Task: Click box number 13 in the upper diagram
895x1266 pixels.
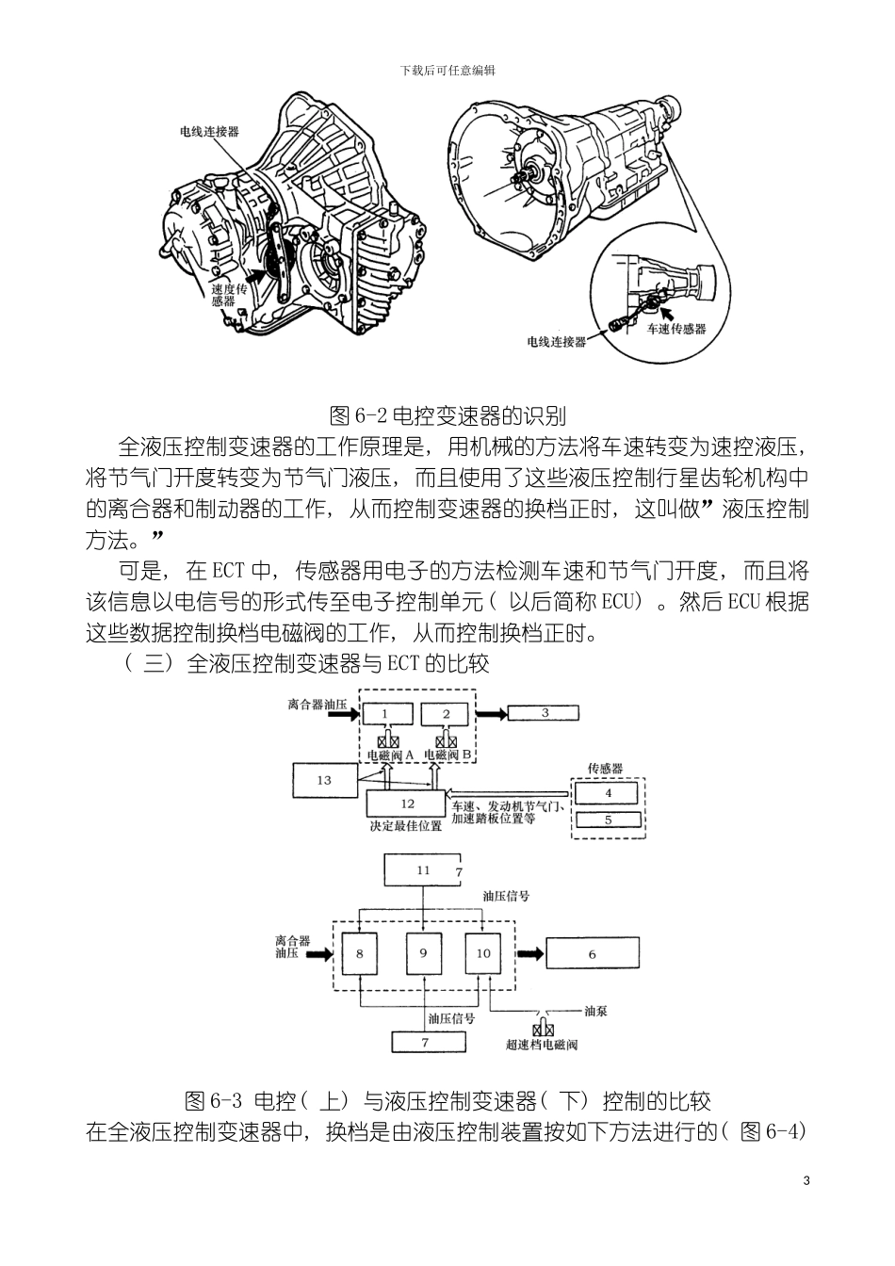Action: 325,780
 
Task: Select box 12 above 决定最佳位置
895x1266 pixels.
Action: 407,803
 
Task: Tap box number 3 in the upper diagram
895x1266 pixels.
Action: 545,713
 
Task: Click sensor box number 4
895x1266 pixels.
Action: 608,793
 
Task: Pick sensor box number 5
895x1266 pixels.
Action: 608,820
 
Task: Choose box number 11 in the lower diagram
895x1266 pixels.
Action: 423,870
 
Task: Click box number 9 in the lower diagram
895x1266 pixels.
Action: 423,953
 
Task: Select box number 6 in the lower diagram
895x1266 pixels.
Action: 593,954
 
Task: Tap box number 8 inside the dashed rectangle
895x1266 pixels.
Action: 359,953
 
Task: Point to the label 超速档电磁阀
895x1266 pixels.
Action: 542,1044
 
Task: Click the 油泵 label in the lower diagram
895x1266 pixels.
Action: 594,1011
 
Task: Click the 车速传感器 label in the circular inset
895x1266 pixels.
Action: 675,329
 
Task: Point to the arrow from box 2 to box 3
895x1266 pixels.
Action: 491,713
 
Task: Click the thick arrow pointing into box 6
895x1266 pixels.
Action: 530,953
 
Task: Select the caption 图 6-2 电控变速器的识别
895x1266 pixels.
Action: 447,414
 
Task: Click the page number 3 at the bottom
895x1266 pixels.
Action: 805,1181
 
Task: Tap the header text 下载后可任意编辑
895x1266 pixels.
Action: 447,71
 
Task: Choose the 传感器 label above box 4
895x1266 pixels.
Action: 605,769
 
